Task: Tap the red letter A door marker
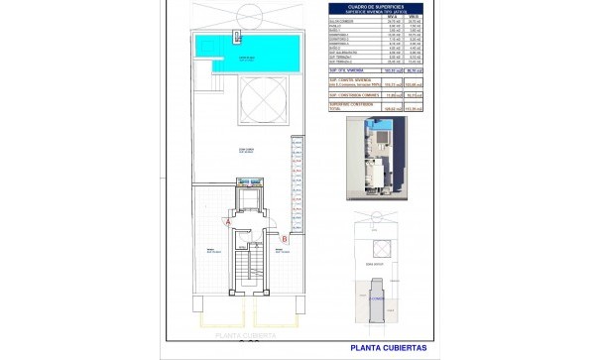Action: (x=230, y=223)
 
